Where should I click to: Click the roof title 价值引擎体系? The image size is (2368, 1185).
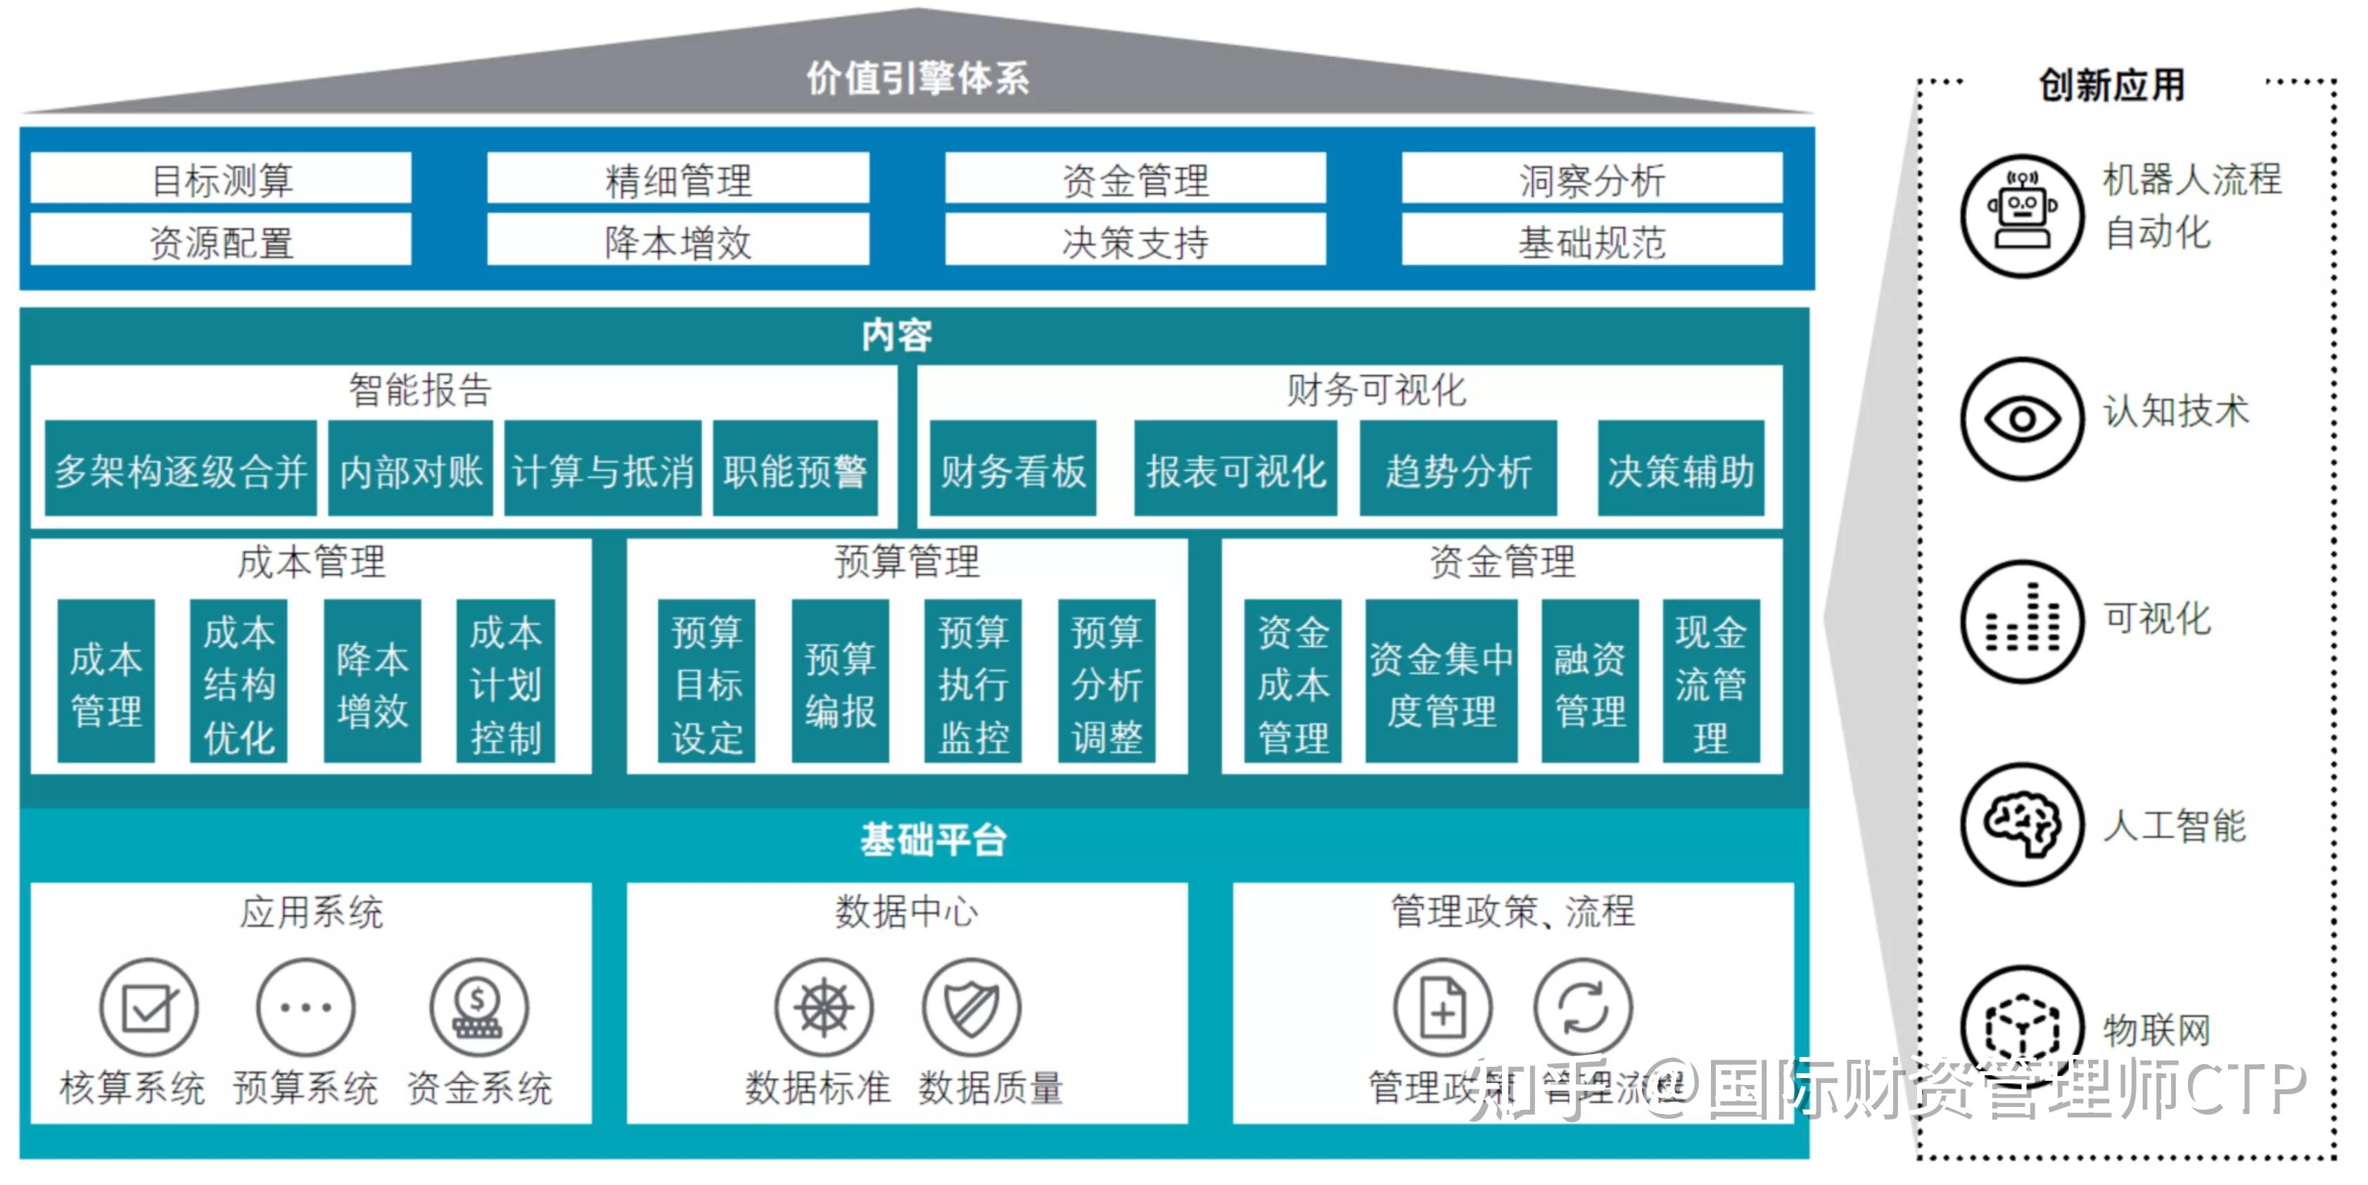click(x=917, y=79)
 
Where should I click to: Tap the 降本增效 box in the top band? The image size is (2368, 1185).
click(x=677, y=242)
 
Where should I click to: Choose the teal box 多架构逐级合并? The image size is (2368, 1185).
click(x=180, y=470)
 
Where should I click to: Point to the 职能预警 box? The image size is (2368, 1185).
click(x=795, y=470)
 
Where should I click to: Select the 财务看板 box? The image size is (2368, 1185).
click(x=1012, y=470)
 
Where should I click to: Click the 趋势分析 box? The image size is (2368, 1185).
click(x=1458, y=470)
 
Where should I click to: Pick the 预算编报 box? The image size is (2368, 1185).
click(x=839, y=682)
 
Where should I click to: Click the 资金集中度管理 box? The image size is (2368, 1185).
click(x=1441, y=682)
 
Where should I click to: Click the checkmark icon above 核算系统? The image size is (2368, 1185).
click(x=149, y=1008)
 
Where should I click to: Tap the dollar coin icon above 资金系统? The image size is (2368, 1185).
click(x=479, y=1008)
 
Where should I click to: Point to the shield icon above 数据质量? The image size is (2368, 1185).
click(x=971, y=1008)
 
